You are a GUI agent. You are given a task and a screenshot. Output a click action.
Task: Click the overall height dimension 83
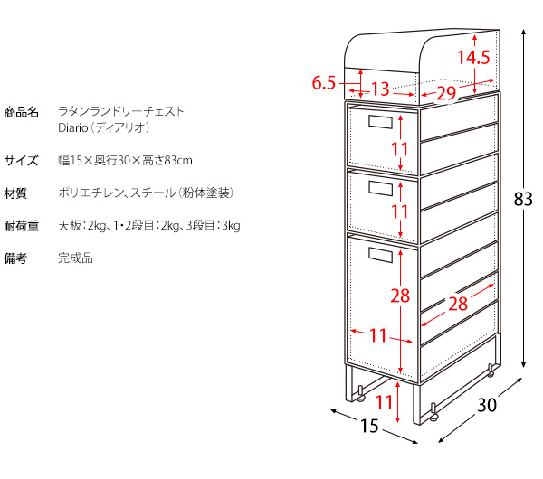(523, 199)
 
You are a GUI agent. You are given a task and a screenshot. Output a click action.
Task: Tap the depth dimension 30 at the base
(487, 405)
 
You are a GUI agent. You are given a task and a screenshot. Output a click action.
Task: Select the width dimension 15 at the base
(369, 426)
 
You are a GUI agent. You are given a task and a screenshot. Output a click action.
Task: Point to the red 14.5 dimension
(473, 58)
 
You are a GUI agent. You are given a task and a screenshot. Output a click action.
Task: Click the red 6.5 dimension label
(324, 83)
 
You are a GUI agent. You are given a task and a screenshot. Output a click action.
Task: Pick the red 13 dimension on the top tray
(381, 89)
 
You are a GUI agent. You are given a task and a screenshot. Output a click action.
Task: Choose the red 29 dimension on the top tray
(446, 93)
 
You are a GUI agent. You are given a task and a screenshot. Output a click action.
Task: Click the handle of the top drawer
(380, 122)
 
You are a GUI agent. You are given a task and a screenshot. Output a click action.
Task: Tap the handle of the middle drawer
(380, 189)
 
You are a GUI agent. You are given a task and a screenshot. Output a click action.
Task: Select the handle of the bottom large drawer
(380, 255)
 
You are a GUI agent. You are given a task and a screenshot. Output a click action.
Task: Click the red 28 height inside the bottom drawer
(400, 296)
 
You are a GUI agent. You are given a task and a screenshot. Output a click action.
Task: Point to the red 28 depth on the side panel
(458, 304)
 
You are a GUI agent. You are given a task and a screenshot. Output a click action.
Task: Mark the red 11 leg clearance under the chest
(384, 402)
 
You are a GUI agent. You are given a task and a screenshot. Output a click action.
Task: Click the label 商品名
(21, 112)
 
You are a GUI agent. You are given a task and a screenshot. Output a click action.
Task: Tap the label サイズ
(21, 161)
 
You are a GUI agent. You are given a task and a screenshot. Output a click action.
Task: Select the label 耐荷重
(21, 226)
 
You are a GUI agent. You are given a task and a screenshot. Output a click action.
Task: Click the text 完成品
(75, 258)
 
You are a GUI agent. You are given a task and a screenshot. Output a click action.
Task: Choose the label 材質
(15, 193)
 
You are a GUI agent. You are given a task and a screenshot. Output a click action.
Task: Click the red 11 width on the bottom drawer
(378, 335)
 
